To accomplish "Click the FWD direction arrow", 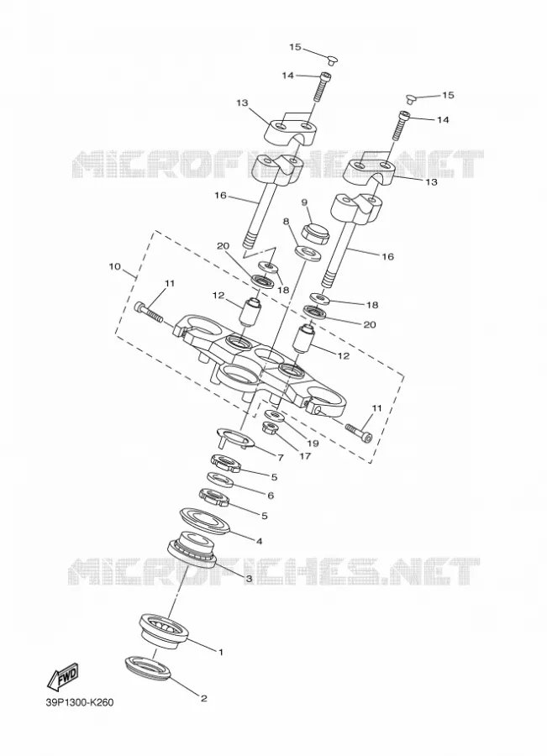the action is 62,677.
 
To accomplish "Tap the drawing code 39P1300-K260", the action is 80,716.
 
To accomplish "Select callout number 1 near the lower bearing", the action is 221,653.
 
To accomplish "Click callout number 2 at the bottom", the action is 203,698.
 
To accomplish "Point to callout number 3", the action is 250,578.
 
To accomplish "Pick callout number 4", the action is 259,541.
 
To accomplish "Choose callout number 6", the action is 271,495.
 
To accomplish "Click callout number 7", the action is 281,458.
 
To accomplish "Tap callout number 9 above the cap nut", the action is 305,202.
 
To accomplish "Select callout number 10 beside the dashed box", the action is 115,266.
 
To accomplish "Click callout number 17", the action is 305,455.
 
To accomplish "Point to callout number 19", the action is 313,443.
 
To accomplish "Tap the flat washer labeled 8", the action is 308,253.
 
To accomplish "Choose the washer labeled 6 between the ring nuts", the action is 222,480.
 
